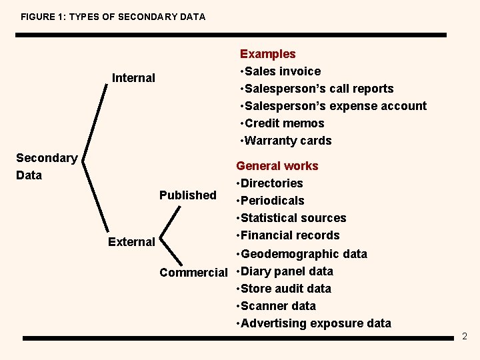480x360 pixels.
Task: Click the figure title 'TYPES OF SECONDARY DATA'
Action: point(113,17)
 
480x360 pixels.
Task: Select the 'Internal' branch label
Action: point(133,78)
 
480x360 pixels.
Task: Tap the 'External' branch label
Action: point(131,242)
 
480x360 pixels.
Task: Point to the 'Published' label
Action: point(187,195)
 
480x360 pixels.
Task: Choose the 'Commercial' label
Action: point(193,273)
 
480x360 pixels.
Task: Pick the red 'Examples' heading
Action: point(267,54)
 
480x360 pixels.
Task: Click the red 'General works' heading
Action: point(277,166)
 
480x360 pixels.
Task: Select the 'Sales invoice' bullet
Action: point(282,71)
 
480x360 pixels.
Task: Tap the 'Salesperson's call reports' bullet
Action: point(318,89)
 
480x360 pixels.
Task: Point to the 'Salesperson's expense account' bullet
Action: point(335,106)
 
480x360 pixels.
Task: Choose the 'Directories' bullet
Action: point(271,183)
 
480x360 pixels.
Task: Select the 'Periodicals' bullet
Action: point(272,201)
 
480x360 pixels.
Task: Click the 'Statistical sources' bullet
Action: point(293,218)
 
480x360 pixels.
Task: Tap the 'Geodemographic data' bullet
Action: point(303,254)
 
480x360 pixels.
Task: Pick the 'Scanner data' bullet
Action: point(277,306)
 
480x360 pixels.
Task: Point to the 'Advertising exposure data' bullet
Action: point(315,323)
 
